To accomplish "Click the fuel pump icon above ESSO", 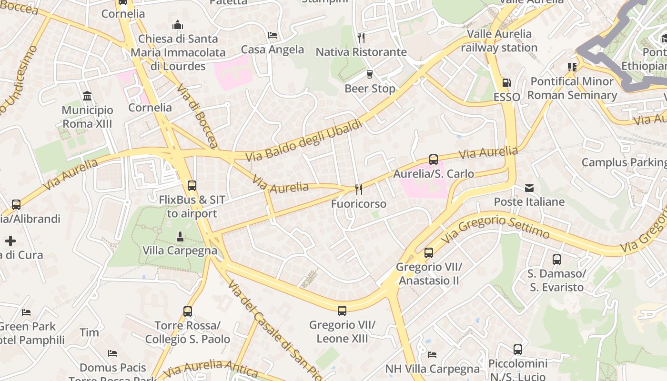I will pyautogui.click(x=506, y=83).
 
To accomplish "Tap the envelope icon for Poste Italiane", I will pyautogui.click(x=529, y=188).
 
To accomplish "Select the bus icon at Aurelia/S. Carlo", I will pyautogui.click(x=434, y=160).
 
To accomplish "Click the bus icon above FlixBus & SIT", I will pyautogui.click(x=192, y=186).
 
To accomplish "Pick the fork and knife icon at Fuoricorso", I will pyautogui.click(x=359, y=190).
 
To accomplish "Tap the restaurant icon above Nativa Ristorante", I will pyautogui.click(x=361, y=38).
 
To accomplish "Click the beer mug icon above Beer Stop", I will pyautogui.click(x=369, y=74).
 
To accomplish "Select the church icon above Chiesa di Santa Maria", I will pyautogui.click(x=178, y=24).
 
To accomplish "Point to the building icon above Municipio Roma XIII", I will pyautogui.click(x=87, y=96).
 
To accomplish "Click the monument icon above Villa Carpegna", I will pyautogui.click(x=180, y=236).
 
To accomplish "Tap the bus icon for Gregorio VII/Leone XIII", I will pyautogui.click(x=342, y=311).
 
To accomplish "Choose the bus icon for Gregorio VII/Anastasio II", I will pyautogui.click(x=429, y=253).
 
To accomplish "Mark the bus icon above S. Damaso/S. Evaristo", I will pyautogui.click(x=556, y=260).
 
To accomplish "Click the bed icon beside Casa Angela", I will pyautogui.click(x=273, y=35).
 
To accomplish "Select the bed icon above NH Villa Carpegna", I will pyautogui.click(x=432, y=354).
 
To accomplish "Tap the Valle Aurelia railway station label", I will pyautogui.click(x=499, y=41).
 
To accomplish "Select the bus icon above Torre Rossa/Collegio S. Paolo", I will pyautogui.click(x=188, y=311).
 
